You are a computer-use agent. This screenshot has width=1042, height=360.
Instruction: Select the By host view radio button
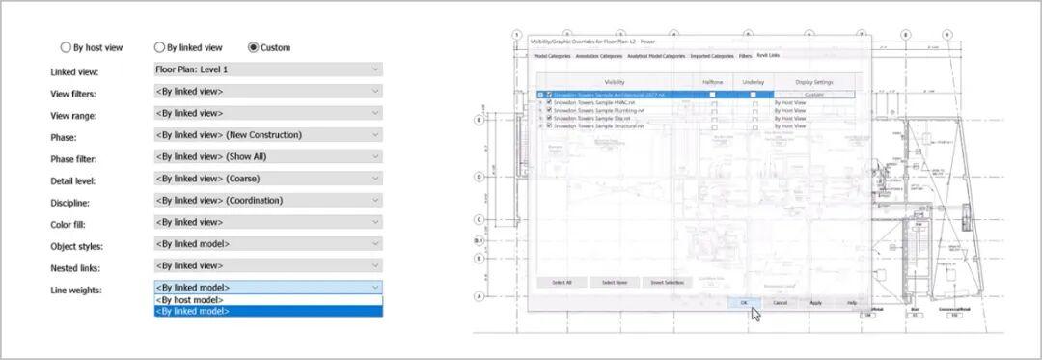pyautogui.click(x=66, y=47)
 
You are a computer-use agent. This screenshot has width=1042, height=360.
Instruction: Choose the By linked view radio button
pyautogui.click(x=159, y=47)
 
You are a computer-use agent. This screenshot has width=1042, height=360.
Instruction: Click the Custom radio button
pyautogui.click(x=254, y=47)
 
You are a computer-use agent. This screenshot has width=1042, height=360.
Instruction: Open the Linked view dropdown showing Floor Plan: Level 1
pyautogui.click(x=267, y=69)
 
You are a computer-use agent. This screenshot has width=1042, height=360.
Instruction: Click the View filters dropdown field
pyautogui.click(x=267, y=92)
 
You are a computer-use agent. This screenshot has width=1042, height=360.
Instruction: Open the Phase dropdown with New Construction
pyautogui.click(x=267, y=135)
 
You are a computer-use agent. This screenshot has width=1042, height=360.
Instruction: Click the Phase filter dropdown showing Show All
pyautogui.click(x=267, y=157)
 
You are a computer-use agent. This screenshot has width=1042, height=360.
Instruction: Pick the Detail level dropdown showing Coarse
pyautogui.click(x=267, y=179)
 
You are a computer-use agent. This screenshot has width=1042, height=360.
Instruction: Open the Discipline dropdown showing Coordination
pyautogui.click(x=267, y=201)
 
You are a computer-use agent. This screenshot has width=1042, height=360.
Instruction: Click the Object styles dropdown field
pyautogui.click(x=267, y=244)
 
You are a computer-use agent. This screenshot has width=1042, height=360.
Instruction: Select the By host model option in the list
pyautogui.click(x=267, y=300)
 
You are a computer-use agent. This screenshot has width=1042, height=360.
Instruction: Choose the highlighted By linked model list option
pyautogui.click(x=267, y=312)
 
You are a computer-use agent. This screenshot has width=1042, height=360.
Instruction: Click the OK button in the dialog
pyautogui.click(x=744, y=302)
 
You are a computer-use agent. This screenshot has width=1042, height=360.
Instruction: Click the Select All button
pyautogui.click(x=561, y=282)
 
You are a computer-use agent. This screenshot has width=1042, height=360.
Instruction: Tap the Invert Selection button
pyautogui.click(x=667, y=282)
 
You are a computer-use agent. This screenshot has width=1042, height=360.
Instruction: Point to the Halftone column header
pyautogui.click(x=713, y=83)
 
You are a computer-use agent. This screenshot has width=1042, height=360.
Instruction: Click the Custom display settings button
pyautogui.click(x=814, y=95)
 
